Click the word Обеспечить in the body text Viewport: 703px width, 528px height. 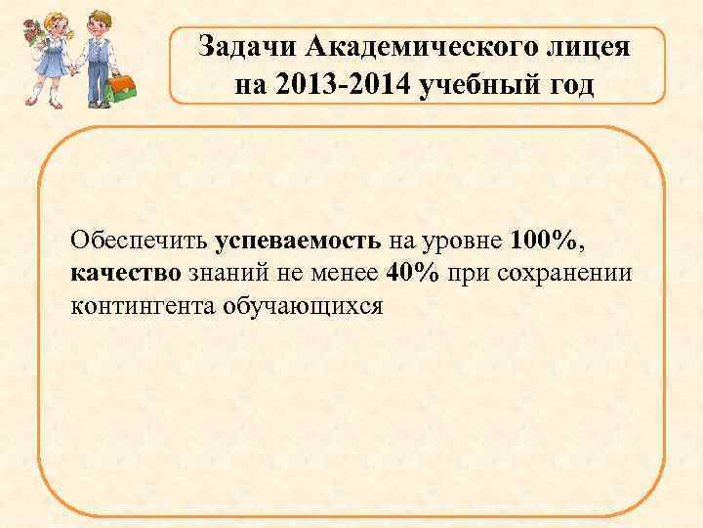140,240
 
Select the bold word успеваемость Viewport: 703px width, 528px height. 300,240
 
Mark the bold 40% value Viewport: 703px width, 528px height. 413,272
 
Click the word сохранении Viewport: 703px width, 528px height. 565,272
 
